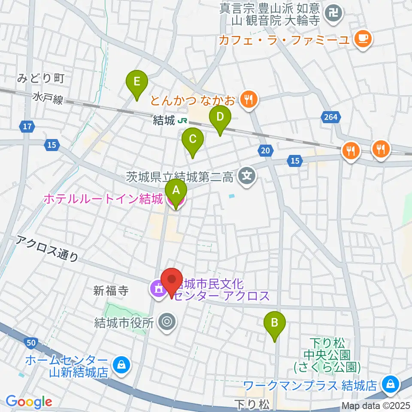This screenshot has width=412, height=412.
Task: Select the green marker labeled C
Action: point(193,139)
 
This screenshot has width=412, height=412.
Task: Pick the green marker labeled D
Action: point(220,117)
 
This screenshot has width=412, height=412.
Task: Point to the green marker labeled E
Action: point(136,82)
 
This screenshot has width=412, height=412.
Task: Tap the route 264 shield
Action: point(330,116)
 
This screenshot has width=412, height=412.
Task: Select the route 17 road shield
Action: point(27,127)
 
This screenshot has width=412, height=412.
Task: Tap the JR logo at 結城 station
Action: point(183,121)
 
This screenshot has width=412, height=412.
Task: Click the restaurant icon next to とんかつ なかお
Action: point(248,100)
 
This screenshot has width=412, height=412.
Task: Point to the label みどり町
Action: point(41,78)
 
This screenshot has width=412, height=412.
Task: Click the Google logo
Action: point(29,401)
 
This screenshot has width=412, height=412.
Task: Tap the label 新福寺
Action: point(111,291)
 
